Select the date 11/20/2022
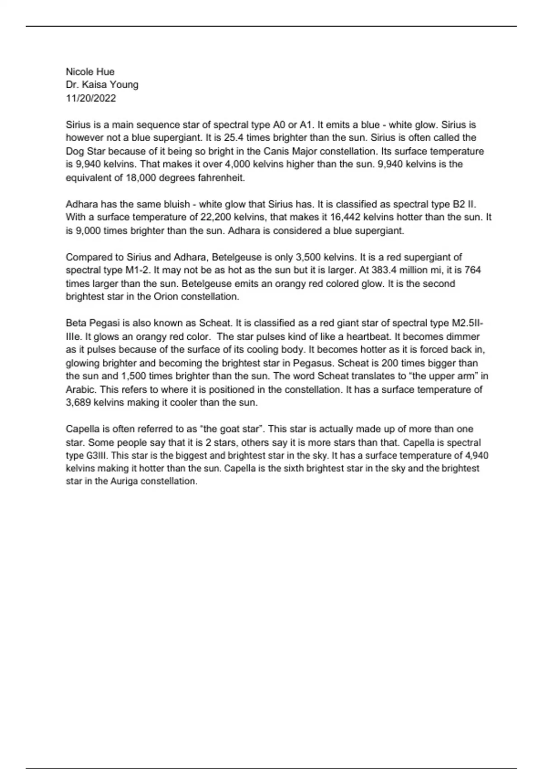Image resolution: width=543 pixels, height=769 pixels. [91, 98]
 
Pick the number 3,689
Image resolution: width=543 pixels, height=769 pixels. [78, 403]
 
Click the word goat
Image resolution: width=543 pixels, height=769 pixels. [230, 429]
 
